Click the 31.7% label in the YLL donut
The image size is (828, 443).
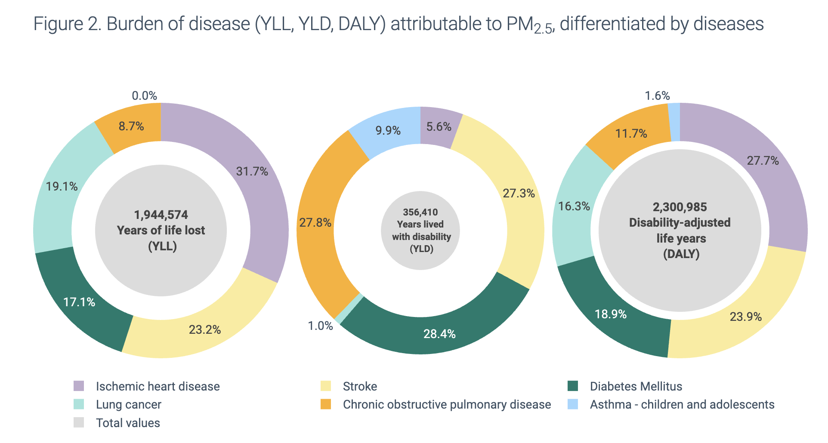click(252, 172)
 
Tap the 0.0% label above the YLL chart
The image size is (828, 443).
click(144, 95)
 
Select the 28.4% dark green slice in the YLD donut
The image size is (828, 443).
click(439, 334)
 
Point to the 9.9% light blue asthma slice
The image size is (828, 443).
click(388, 130)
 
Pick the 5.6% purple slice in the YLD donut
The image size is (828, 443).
click(439, 127)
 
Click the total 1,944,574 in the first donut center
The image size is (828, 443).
click(161, 215)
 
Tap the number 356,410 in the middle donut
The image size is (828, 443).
click(420, 212)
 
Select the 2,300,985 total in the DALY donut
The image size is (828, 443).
click(680, 207)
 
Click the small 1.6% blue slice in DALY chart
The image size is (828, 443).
click(674, 122)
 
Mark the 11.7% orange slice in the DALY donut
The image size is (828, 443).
click(631, 134)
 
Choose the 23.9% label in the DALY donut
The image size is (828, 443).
click(745, 317)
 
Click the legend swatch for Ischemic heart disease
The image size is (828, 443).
click(79, 386)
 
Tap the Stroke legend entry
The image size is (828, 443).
click(360, 386)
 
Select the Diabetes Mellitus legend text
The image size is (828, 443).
click(636, 386)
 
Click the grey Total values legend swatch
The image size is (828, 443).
click(79, 422)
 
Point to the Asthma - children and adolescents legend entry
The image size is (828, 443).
click(682, 405)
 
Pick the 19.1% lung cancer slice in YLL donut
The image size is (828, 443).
click(62, 187)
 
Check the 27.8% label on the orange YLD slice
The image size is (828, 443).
click(315, 223)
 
